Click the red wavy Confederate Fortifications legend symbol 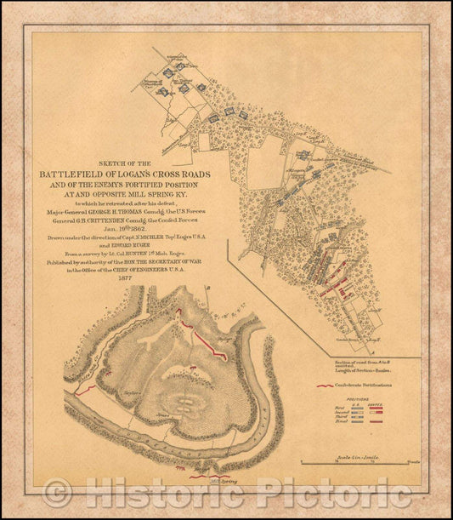[322, 386]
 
